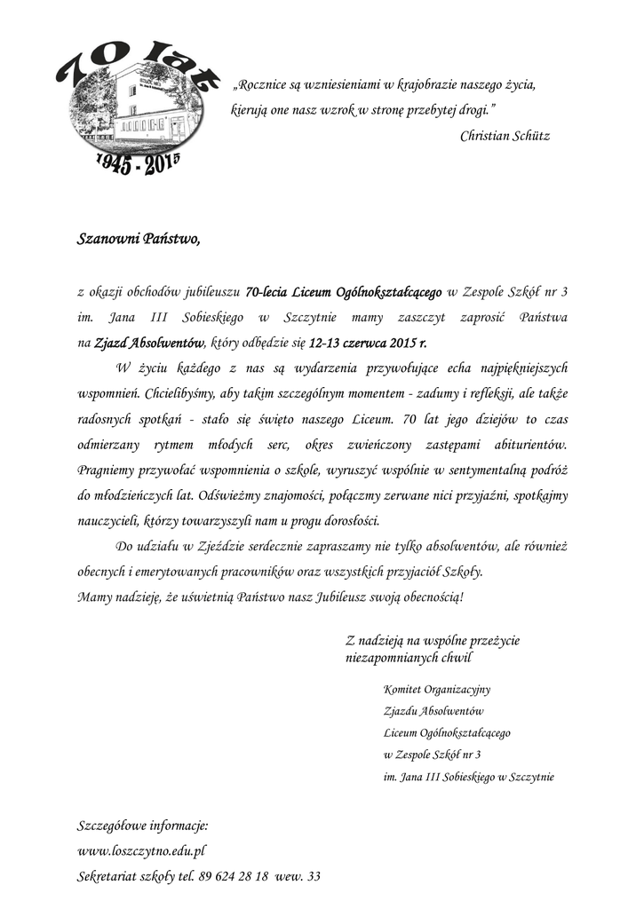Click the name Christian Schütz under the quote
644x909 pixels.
pyautogui.click(x=505, y=136)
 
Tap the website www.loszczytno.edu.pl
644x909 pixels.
pyautogui.click(x=142, y=850)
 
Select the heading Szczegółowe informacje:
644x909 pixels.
pyautogui.click(x=143, y=825)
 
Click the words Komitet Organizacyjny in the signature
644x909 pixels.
pyautogui.click(x=437, y=689)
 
